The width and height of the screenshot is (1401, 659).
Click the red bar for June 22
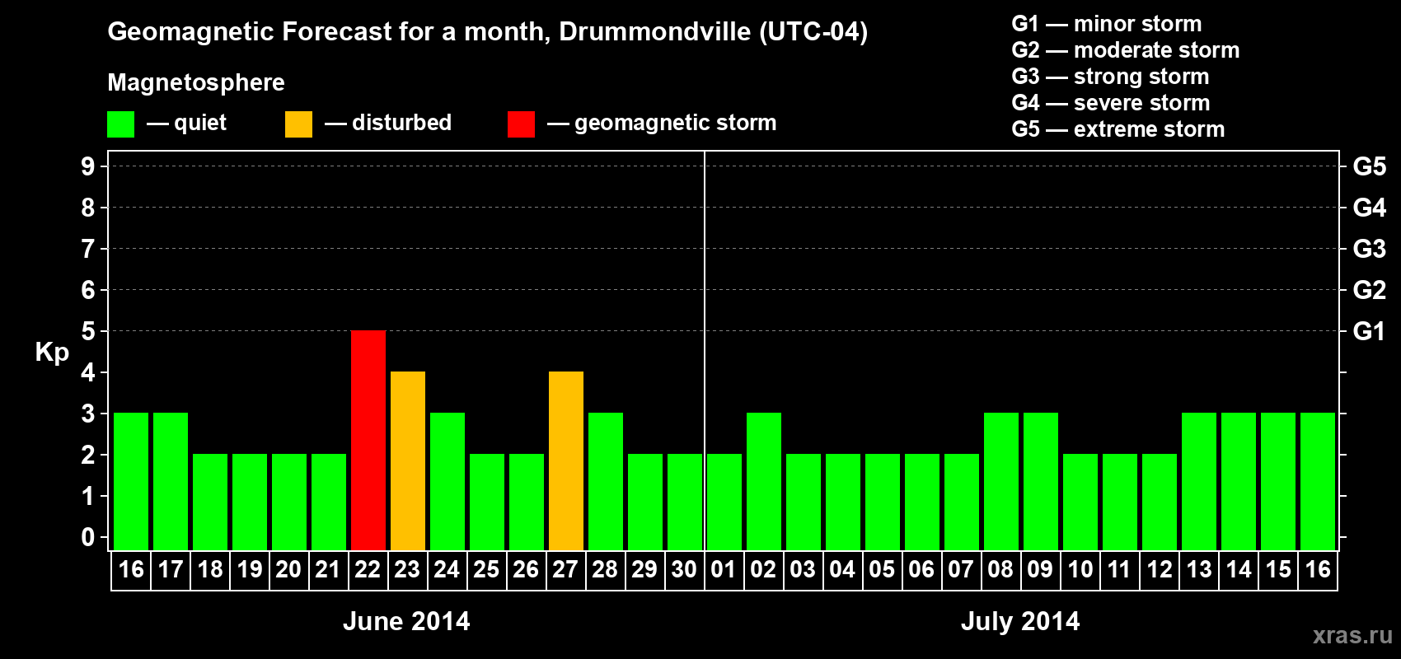tap(368, 440)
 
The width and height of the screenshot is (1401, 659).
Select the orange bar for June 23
tap(407, 460)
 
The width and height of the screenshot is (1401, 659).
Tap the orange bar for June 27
tap(565, 460)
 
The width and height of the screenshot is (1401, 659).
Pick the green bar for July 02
tap(763, 481)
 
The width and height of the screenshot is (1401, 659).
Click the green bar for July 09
tap(1040, 481)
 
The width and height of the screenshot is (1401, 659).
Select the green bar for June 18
tap(209, 502)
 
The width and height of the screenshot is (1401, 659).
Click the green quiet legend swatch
tap(120, 124)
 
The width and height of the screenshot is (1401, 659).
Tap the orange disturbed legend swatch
tap(298, 124)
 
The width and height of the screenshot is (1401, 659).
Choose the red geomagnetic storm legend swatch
tap(521, 124)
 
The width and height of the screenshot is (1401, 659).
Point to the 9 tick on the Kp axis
tap(88, 166)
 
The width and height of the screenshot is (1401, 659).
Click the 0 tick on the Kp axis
tap(88, 538)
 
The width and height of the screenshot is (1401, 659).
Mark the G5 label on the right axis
tap(1369, 166)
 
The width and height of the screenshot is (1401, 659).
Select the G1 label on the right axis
tap(1369, 331)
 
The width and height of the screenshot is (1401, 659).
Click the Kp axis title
tap(52, 352)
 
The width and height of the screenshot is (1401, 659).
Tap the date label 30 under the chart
tap(684, 569)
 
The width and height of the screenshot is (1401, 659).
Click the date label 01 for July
tap(724, 569)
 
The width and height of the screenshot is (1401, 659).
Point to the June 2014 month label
tap(406, 621)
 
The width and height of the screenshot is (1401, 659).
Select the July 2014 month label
tap(1020, 621)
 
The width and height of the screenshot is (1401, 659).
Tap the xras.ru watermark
tap(1352, 635)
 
